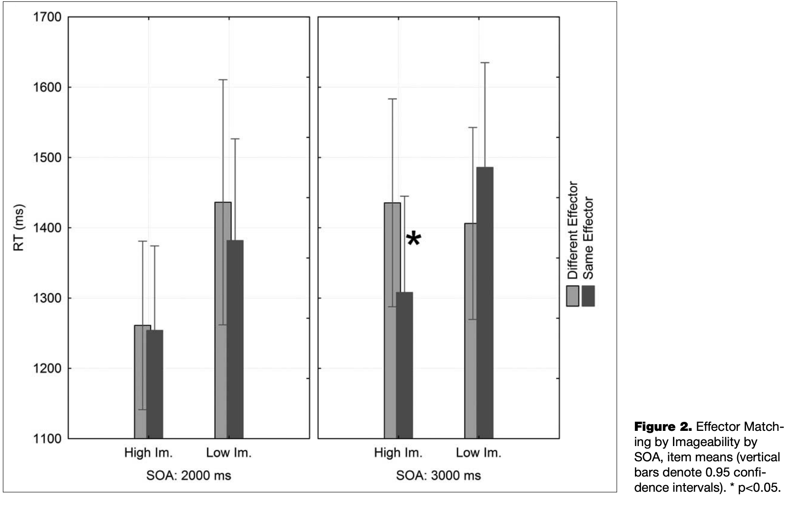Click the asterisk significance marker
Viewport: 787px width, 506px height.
414,239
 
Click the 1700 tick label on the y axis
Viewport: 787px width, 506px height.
48,18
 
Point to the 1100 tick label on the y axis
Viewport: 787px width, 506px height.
48,438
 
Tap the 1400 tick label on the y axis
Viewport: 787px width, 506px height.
48,228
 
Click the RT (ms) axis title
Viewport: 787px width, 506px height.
19,228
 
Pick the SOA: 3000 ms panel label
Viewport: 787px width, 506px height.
439,476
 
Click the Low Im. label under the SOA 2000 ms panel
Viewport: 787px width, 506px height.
229,453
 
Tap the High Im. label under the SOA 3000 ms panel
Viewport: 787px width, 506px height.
398,453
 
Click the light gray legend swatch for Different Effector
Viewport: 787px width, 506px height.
573,296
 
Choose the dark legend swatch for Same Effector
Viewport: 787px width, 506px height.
588,296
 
